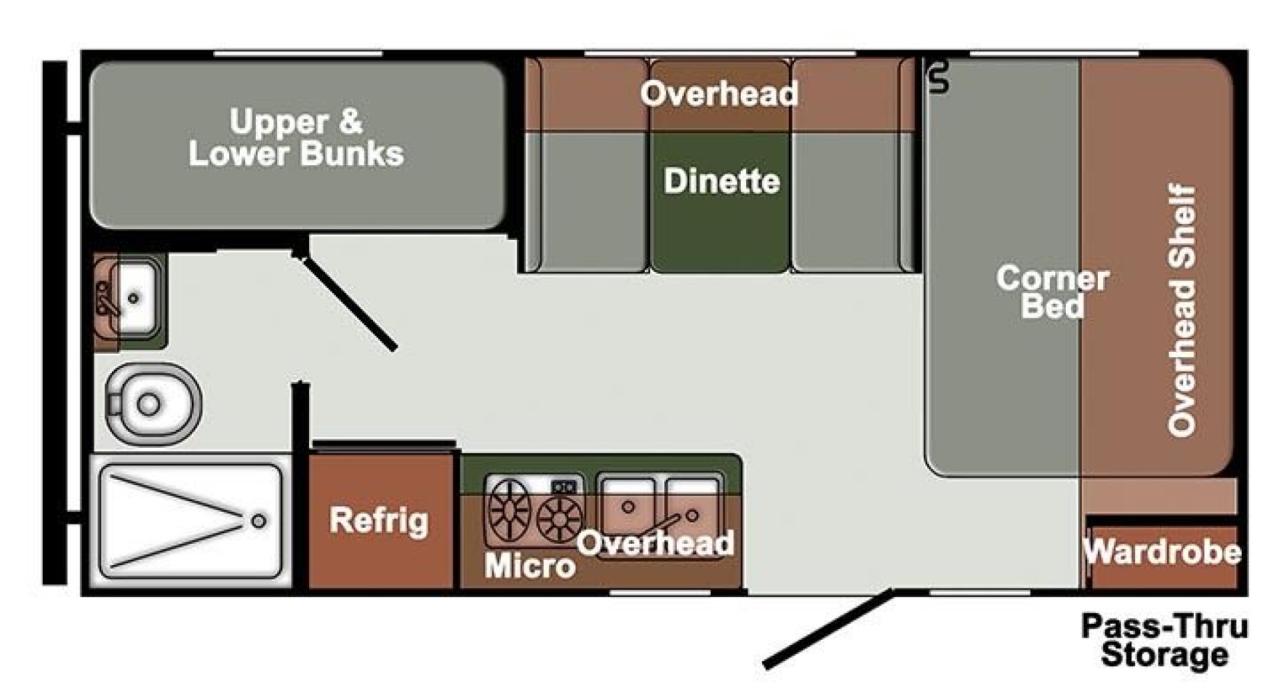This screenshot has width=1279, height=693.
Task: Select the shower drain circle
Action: [x=259, y=521]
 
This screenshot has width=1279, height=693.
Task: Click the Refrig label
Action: [x=379, y=520]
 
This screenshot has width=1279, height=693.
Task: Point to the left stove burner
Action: [x=510, y=512]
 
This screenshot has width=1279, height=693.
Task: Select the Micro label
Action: [x=530, y=566]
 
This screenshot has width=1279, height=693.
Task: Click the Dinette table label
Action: [x=721, y=181]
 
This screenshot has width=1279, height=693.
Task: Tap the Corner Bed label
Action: [x=1052, y=293]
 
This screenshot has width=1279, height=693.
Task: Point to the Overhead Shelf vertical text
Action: [x=1183, y=311]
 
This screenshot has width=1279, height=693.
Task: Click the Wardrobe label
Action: [x=1162, y=552]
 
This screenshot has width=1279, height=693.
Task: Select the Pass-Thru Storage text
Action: [x=1164, y=640]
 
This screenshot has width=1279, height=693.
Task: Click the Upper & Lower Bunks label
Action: [x=296, y=138]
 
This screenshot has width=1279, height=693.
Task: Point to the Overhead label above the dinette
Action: [x=719, y=94]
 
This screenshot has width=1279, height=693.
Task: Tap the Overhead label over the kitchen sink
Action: [x=655, y=543]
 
